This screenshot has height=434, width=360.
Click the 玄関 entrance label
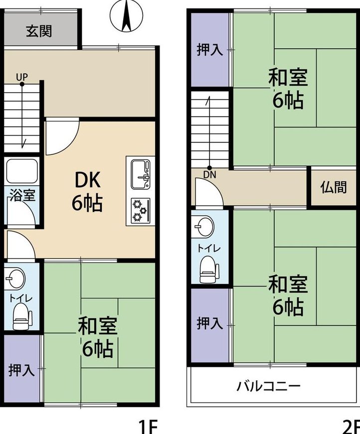point(39,31)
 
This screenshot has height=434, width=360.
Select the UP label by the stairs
point(22,77)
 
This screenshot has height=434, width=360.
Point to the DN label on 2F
point(209,175)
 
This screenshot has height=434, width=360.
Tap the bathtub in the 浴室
point(22,171)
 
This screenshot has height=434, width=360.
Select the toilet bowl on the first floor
point(22,316)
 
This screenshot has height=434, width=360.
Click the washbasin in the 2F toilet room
point(204,226)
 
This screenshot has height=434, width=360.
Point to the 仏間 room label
point(334,187)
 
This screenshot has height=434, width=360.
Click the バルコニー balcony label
point(268,386)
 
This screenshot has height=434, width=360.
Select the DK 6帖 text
point(87,191)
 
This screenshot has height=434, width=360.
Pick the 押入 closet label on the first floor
point(21,370)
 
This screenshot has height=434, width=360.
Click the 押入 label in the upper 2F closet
point(209,50)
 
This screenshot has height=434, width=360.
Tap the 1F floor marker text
point(148,427)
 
